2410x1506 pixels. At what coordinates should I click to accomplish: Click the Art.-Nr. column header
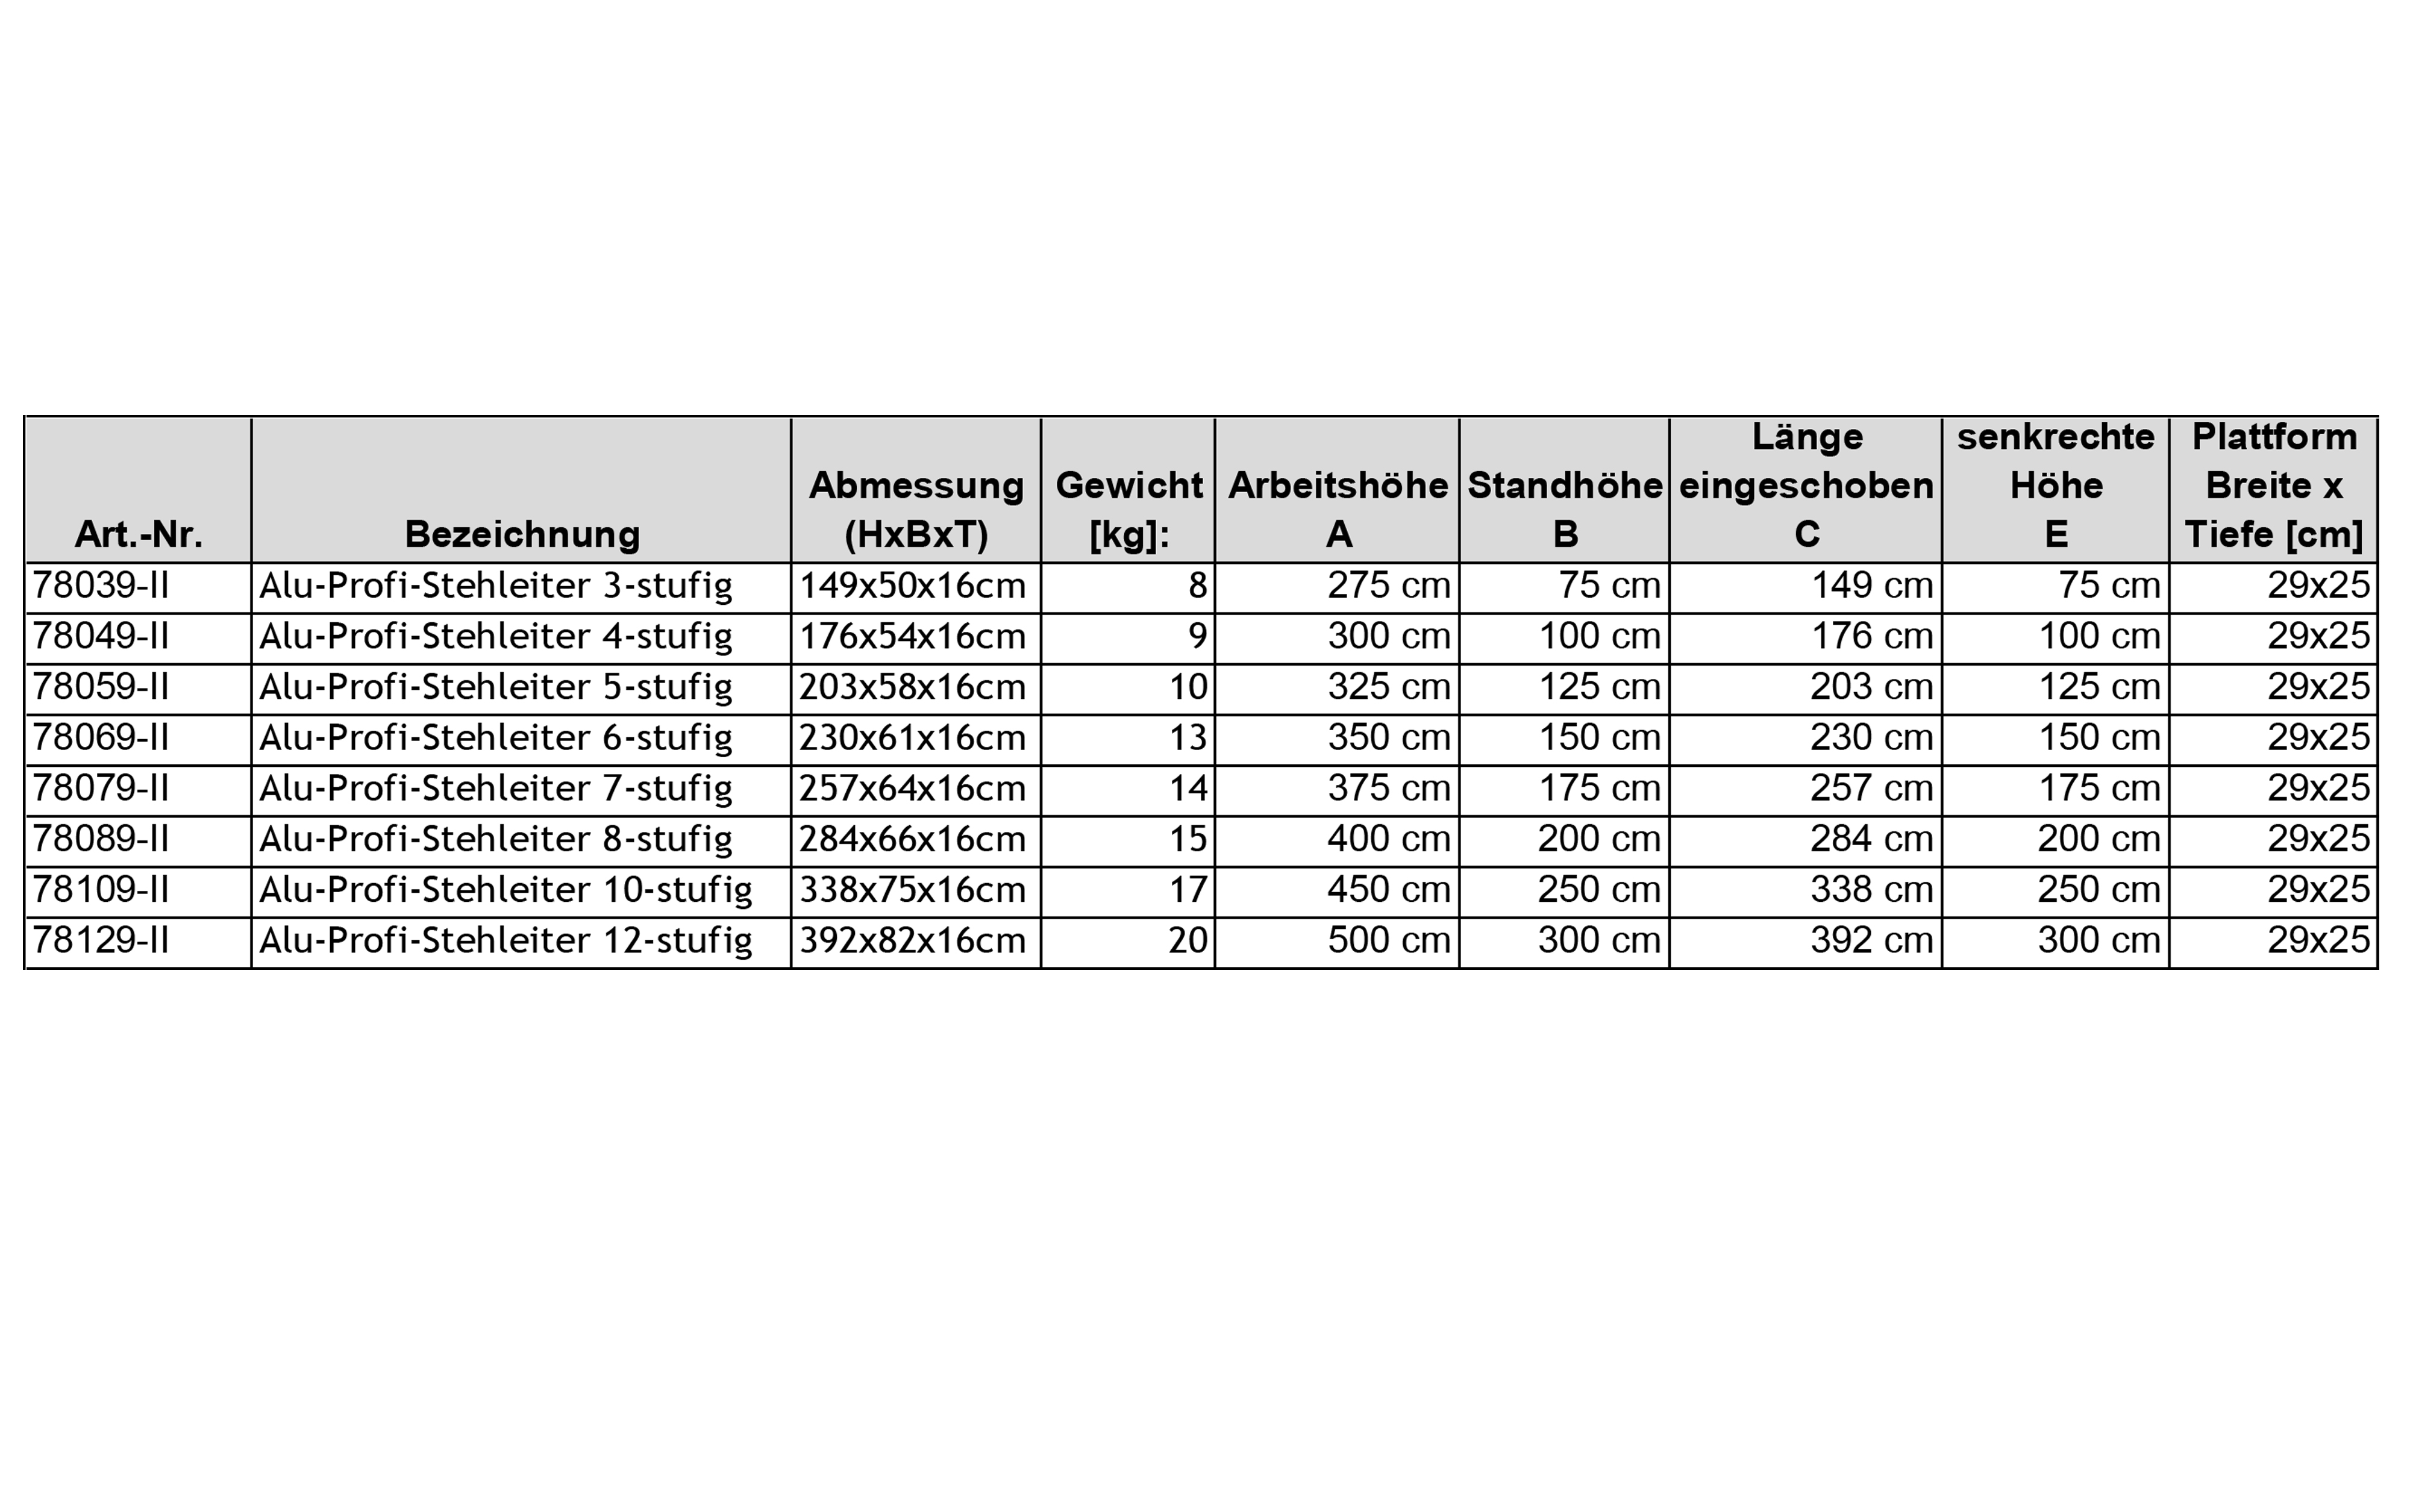pyautogui.click(x=139, y=535)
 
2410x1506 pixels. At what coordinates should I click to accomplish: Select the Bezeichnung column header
pyautogui.click(x=522, y=535)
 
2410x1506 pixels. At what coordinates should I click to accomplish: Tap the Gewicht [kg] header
pyautogui.click(x=1128, y=510)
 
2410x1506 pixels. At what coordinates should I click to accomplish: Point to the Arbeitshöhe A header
pyautogui.click(x=1338, y=510)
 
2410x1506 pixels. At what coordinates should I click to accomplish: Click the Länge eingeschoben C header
pyautogui.click(x=1806, y=486)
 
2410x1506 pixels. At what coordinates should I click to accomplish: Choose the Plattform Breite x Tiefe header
pyautogui.click(x=2274, y=486)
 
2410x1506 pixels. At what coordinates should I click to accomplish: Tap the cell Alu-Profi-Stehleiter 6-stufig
pyautogui.click(x=496, y=738)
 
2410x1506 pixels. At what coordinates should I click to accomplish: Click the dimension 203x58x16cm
pyautogui.click(x=912, y=687)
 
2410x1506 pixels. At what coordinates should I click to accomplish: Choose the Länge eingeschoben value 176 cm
pyautogui.click(x=1871, y=637)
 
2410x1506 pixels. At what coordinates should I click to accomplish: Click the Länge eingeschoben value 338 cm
pyautogui.click(x=1871, y=890)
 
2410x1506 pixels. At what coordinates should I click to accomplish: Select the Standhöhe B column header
pyautogui.click(x=1565, y=510)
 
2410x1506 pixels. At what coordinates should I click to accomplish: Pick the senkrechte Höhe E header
pyautogui.click(x=2056, y=486)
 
